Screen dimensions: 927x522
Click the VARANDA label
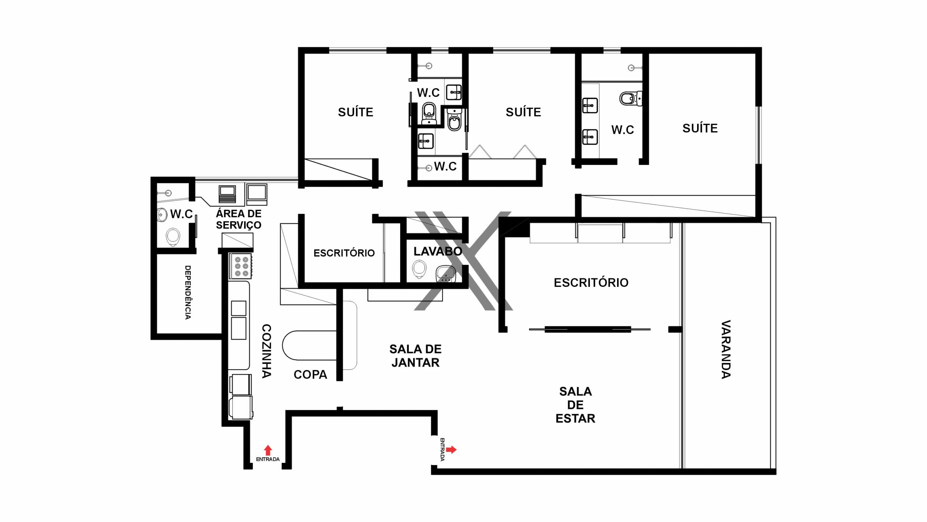726,349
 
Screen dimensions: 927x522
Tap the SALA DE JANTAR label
415,356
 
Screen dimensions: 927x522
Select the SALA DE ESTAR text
575,405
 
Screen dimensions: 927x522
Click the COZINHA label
267,351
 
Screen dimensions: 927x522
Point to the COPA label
310,374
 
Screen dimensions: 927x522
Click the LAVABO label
438,251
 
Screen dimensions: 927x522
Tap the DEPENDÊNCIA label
188,292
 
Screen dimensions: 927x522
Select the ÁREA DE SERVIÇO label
239,219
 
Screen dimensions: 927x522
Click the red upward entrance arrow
268,450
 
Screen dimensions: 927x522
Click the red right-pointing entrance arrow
451,449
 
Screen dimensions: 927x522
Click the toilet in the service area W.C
173,237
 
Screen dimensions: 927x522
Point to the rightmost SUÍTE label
700,128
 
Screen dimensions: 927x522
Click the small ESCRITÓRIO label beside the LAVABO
344,253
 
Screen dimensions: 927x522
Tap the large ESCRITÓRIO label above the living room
591,282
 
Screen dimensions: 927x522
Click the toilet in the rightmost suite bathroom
630,98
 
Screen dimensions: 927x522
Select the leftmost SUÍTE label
356,112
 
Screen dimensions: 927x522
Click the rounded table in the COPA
310,345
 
